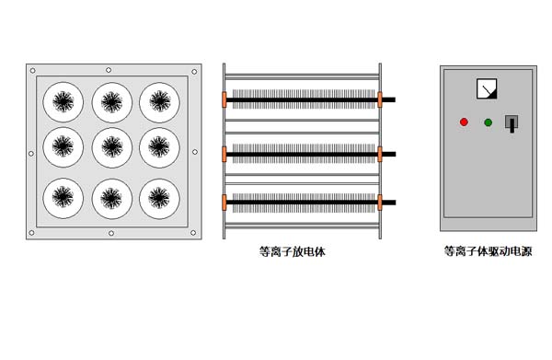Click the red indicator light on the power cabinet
464,122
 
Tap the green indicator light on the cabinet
488,122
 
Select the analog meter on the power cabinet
487,88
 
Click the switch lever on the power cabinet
512,123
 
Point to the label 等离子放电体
293,251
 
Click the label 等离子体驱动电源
488,251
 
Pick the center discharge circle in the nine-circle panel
112,147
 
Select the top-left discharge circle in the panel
63,102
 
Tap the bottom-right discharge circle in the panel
159,199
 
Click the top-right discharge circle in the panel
159,102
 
